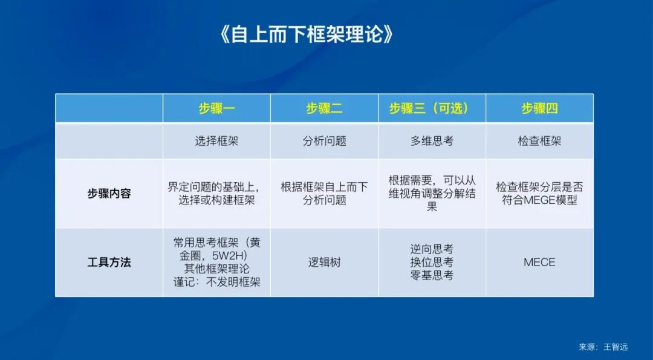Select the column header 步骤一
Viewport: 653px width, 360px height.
(216, 109)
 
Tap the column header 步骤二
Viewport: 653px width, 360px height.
(324, 109)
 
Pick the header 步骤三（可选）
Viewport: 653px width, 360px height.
(432, 109)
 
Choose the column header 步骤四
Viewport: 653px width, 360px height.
(539, 109)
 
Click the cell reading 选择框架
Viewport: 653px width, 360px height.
(216, 141)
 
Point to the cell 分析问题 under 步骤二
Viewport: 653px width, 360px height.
(324, 141)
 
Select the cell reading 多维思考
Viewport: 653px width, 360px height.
(432, 141)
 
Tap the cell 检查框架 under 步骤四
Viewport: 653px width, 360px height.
(539, 141)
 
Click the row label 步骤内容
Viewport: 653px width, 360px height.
(109, 194)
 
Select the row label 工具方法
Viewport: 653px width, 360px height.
(109, 263)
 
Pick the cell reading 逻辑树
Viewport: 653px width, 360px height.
(324, 263)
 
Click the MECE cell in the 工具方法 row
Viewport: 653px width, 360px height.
(539, 263)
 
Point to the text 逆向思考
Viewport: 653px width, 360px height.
(432, 249)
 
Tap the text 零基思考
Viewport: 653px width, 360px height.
(432, 275)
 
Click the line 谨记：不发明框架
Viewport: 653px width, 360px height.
(216, 282)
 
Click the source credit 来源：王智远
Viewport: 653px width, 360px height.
(603, 347)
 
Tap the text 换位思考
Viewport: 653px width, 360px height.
(432, 263)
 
